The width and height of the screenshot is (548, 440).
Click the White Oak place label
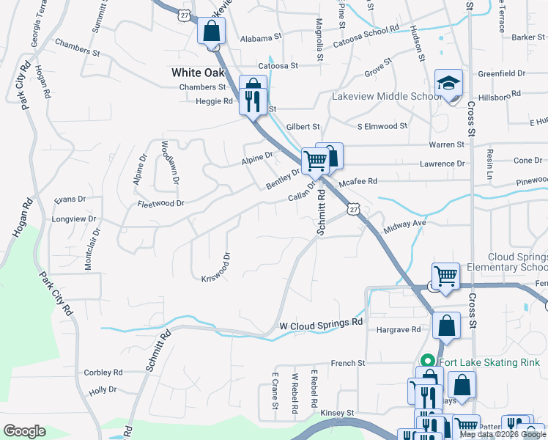click(198, 73)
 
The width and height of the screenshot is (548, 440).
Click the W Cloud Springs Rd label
click(322, 324)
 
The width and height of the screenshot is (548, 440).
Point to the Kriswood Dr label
click(217, 267)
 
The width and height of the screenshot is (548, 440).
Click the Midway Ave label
click(404, 223)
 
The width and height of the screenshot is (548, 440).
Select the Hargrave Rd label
click(398, 330)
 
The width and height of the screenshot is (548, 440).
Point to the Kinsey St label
click(337, 414)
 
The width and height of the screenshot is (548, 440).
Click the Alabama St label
click(260, 37)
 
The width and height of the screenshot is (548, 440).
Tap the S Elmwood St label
click(382, 126)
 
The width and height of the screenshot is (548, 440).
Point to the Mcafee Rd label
click(358, 181)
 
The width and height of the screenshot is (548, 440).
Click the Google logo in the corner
click(24, 431)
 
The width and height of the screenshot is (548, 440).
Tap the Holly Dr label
click(103, 392)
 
